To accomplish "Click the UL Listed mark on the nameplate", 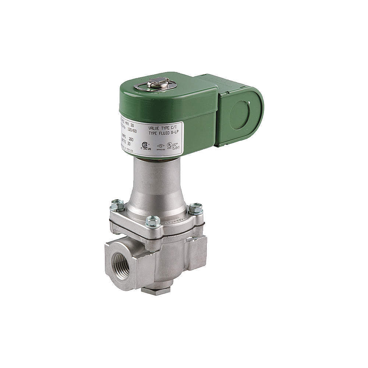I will (x=170, y=145).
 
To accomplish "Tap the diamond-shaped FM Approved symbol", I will (x=160, y=146).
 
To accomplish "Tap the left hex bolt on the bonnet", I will (x=117, y=205).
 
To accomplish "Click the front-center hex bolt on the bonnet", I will (x=153, y=222).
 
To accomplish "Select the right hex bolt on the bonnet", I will (x=195, y=209).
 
